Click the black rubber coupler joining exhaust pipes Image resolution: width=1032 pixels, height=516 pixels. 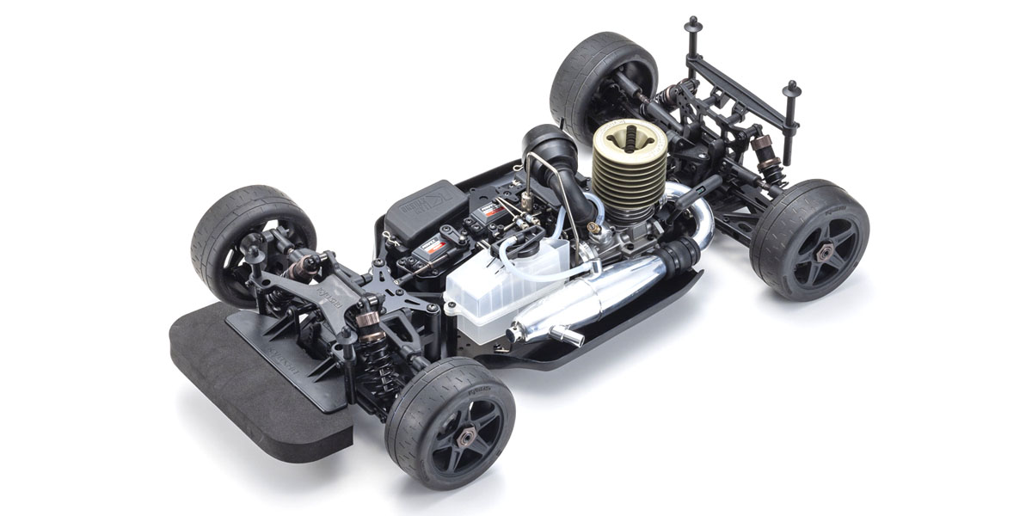(679, 254)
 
